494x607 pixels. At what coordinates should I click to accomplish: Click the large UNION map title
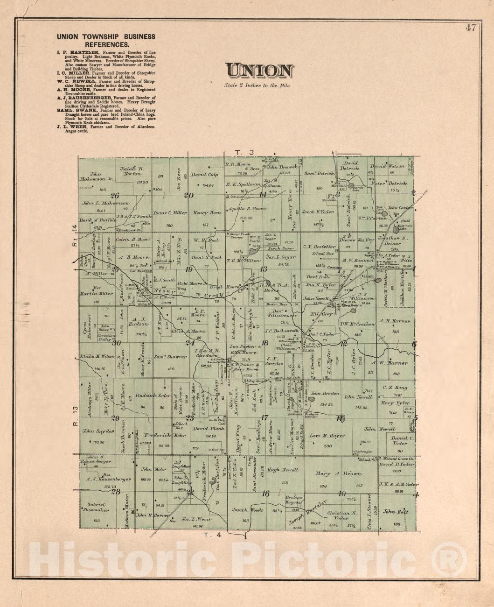click(260, 71)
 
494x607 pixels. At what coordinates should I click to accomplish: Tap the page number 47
click(470, 28)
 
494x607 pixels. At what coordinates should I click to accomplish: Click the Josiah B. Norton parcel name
click(134, 172)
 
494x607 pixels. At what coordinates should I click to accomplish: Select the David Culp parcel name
click(204, 175)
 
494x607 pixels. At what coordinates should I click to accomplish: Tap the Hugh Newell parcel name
click(280, 470)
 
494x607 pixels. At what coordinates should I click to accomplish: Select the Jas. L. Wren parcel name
click(197, 519)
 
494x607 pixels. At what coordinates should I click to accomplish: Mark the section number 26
click(115, 196)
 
